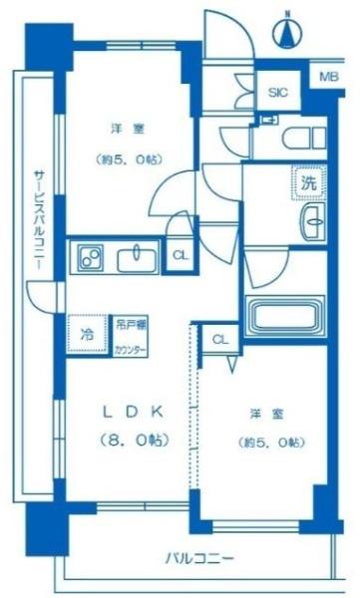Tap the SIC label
pos(277,92)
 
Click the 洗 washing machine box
pos(309,183)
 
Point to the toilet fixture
pos(300,137)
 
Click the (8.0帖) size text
pos(133,440)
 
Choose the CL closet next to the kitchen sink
pos(180,256)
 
